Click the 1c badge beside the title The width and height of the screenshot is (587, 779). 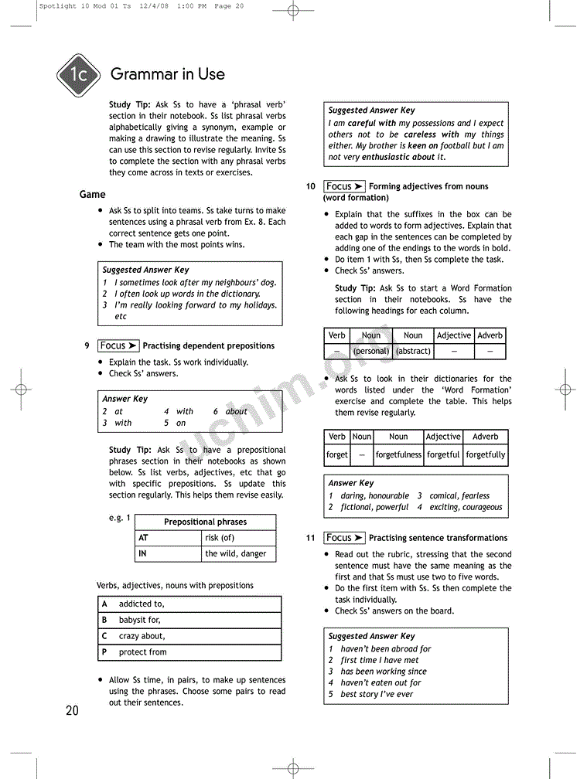(x=77, y=75)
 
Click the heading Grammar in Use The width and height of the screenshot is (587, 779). (x=168, y=74)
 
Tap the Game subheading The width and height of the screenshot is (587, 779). (x=92, y=194)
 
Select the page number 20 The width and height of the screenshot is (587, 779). (x=72, y=710)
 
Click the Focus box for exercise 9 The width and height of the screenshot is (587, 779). (x=118, y=345)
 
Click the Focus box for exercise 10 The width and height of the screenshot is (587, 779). (x=344, y=186)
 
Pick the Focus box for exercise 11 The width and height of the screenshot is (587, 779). (x=344, y=537)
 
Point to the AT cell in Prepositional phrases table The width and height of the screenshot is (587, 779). (x=168, y=538)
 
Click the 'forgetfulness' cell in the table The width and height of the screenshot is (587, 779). (x=398, y=455)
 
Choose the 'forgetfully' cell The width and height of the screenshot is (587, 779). (x=486, y=455)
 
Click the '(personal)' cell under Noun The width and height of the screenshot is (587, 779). (x=371, y=351)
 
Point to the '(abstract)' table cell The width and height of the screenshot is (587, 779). (x=413, y=351)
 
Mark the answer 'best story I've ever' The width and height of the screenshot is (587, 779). (x=377, y=694)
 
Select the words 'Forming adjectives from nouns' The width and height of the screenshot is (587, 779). (x=428, y=186)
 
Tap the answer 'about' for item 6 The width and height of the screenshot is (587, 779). (x=236, y=412)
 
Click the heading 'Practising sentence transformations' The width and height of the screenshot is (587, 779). (x=438, y=538)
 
